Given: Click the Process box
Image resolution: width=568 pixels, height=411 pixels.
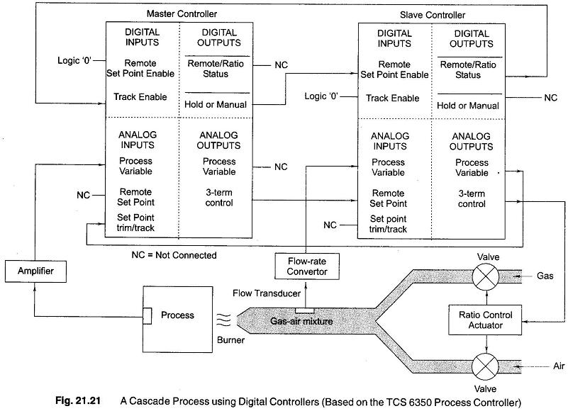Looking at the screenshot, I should (x=177, y=316).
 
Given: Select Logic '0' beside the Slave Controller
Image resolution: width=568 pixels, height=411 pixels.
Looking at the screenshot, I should (x=324, y=96).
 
